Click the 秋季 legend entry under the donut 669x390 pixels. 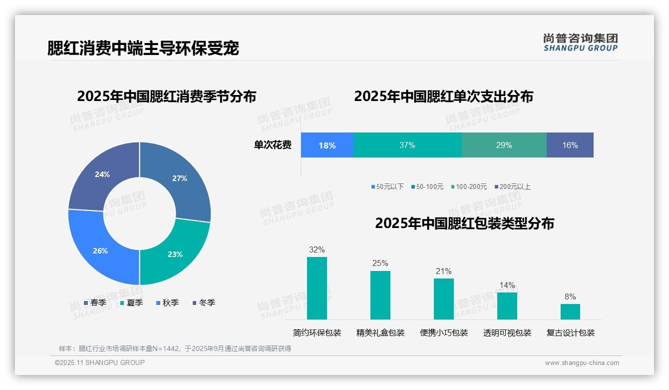pos(167,303)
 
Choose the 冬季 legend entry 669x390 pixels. pos(204,303)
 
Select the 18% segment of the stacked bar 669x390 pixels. pos(327,145)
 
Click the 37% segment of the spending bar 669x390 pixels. pos(407,145)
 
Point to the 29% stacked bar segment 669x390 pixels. pos(504,145)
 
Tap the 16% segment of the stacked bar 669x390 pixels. pos(570,145)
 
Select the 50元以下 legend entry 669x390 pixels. pos(387,187)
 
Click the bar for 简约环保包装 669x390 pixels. pos(317,288)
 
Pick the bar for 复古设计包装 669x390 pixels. pos(570,311)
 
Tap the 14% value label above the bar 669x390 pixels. pos(507,285)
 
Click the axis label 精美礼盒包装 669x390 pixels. pos(380,333)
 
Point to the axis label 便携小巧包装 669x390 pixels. pos(444,333)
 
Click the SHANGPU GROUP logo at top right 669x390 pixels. pos(580,42)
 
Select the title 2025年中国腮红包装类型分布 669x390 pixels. pos(464,223)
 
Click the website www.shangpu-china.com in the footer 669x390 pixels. pos(582,363)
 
